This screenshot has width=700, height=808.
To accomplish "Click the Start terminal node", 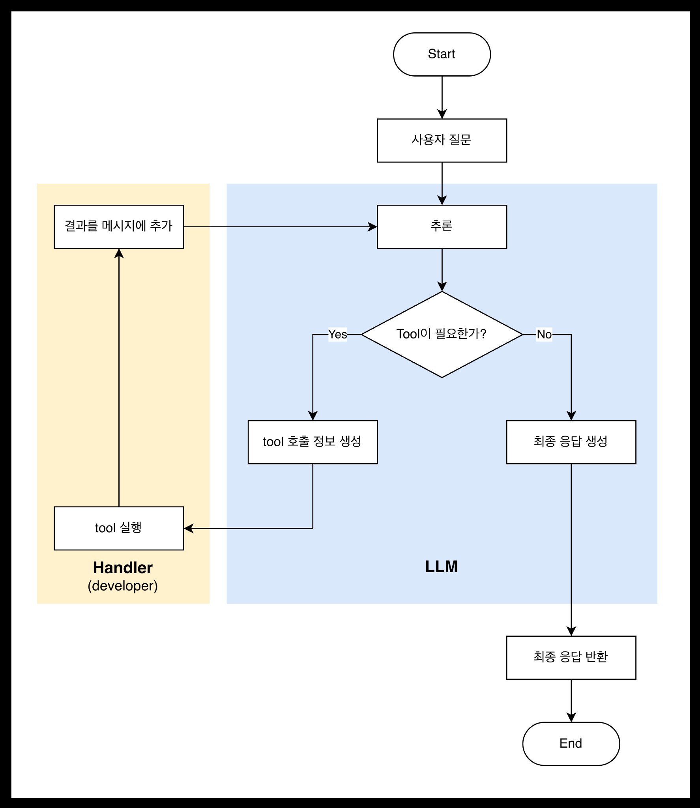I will tap(442, 54).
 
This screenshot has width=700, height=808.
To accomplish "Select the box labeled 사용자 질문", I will tap(442, 140).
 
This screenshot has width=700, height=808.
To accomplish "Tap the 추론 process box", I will tap(442, 226).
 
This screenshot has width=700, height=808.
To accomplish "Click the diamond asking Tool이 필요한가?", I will tap(442, 334).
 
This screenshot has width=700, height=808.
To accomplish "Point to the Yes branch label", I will tap(338, 334).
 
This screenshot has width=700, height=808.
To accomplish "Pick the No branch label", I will tap(544, 334).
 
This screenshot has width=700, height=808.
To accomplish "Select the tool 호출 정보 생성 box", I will tap(313, 442).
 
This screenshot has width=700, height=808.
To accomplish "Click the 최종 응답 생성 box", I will tap(571, 442).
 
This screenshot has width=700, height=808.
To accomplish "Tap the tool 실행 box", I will tap(119, 528).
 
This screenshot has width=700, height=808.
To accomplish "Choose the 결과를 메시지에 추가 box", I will tap(119, 226).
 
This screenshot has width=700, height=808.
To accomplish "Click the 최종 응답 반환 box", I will tap(571, 657).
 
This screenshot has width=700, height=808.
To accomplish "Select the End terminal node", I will tap(571, 744).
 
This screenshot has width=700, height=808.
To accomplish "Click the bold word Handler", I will tap(123, 568).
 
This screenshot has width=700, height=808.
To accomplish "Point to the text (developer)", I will tap(123, 586).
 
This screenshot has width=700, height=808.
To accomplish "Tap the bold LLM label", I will tap(442, 567).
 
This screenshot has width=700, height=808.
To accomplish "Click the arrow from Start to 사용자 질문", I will tap(442, 97).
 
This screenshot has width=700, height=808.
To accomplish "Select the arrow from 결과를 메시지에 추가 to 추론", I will tap(280, 227).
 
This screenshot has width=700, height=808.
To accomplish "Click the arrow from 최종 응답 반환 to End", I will tap(571, 700).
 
